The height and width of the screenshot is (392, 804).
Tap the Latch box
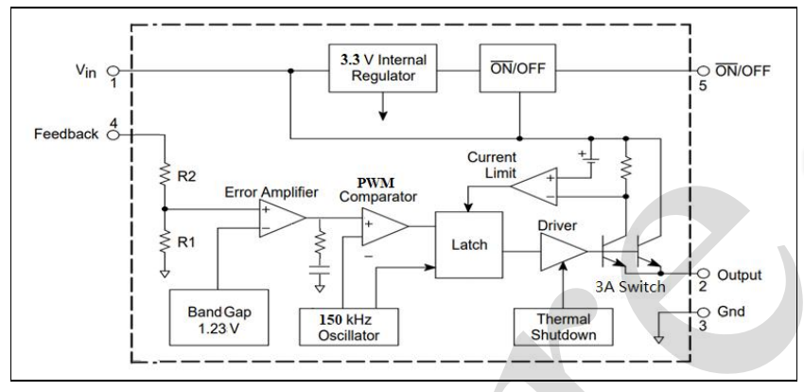[469, 243]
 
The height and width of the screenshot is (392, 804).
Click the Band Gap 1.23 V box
[216, 317]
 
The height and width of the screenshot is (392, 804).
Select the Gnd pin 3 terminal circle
[701, 311]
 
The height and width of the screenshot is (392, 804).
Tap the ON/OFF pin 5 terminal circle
[702, 69]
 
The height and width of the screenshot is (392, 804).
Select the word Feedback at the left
[63, 134]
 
